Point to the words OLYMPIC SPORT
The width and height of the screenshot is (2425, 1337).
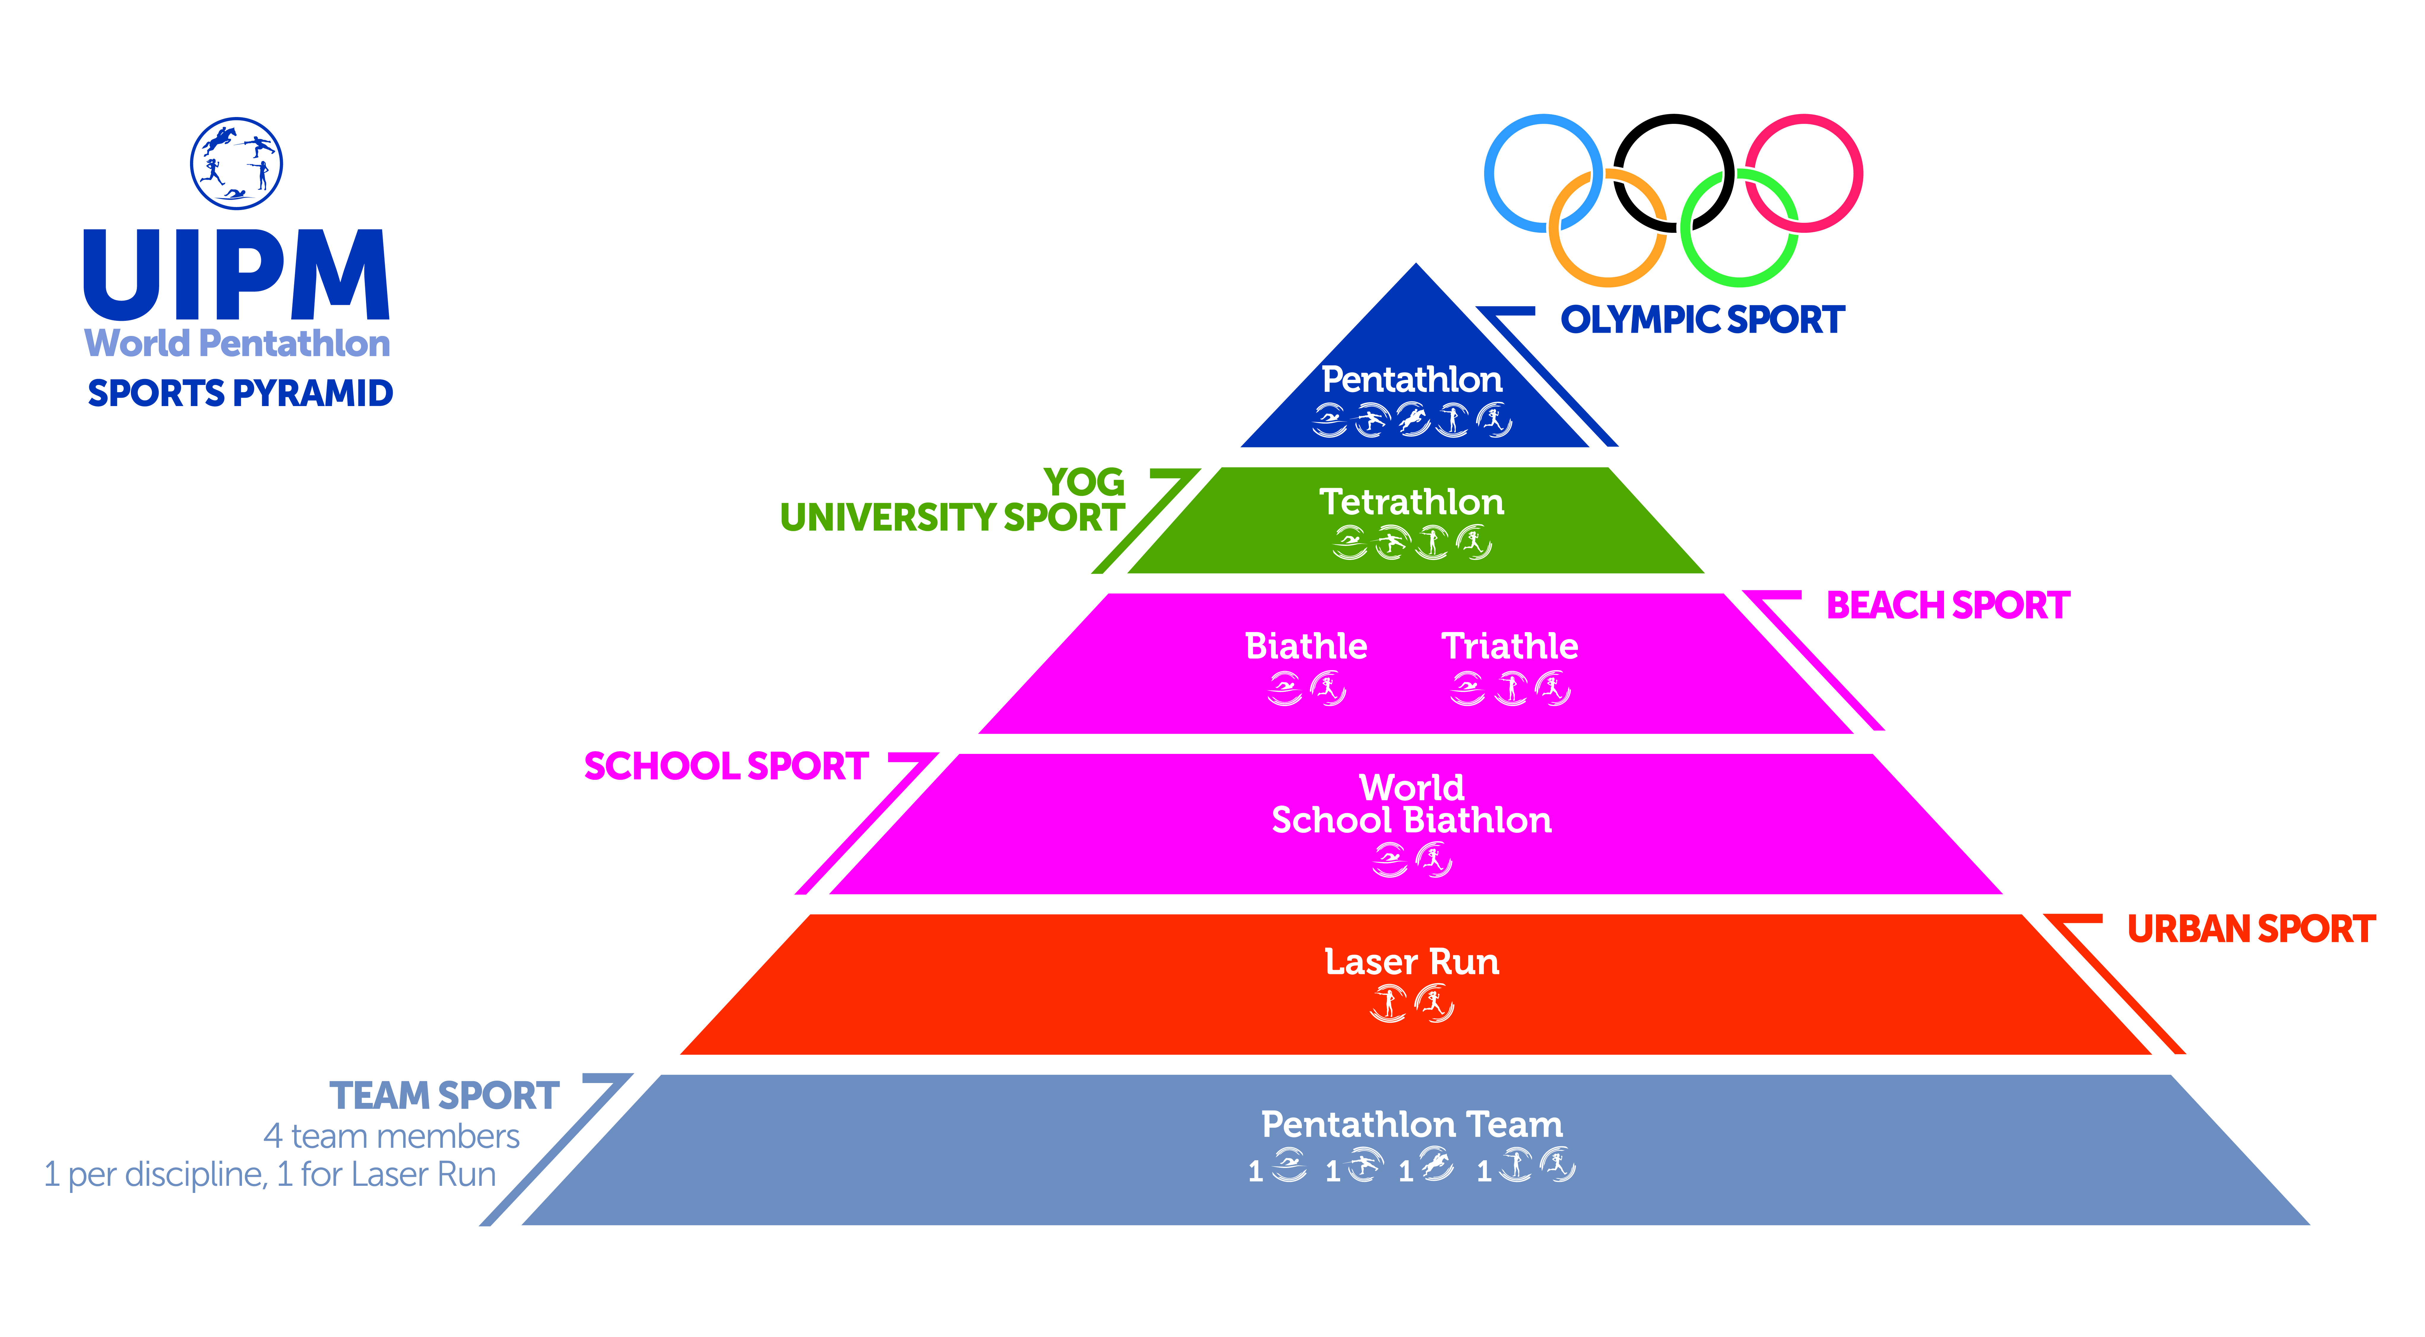pyautogui.click(x=1702, y=320)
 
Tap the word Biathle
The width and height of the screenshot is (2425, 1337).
pyautogui.click(x=1306, y=646)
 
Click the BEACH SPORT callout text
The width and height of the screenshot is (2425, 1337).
pyautogui.click(x=1948, y=605)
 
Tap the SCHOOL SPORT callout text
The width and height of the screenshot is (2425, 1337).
pyautogui.click(x=725, y=766)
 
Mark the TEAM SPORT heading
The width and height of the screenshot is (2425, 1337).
pyautogui.click(x=444, y=1096)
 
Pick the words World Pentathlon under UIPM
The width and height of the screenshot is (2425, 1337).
pyautogui.click(x=237, y=344)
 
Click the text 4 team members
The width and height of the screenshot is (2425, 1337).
pyautogui.click(x=392, y=1136)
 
